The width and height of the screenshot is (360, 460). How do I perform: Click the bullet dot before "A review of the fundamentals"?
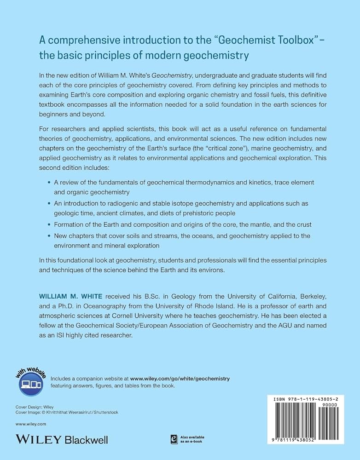click(50, 183)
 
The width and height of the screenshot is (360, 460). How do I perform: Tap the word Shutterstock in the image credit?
click(104, 412)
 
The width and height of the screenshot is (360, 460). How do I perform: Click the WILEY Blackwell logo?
click(62, 439)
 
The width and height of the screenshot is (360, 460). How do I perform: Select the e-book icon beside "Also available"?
click(174, 439)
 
